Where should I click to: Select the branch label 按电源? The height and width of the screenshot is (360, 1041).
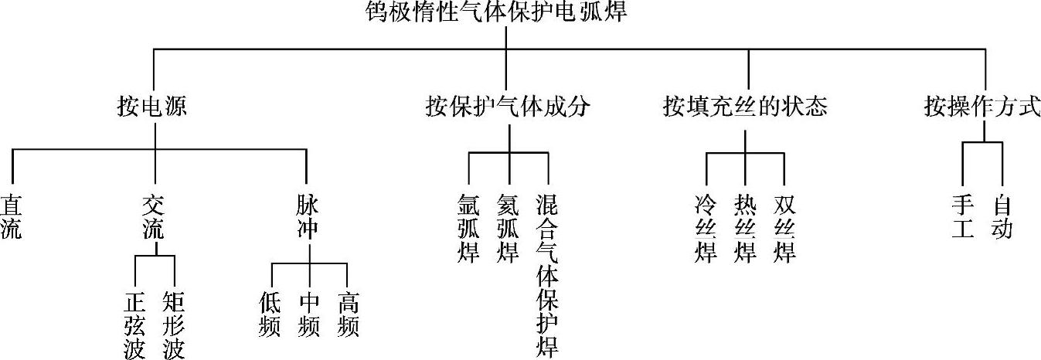click(152, 106)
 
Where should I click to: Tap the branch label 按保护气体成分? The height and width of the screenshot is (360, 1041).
click(508, 106)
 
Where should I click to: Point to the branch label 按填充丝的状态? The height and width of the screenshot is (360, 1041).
click(745, 106)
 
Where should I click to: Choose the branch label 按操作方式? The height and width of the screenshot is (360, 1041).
click(982, 106)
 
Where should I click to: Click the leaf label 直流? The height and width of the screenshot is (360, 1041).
click(11, 217)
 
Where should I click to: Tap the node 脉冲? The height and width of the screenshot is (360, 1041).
click(307, 217)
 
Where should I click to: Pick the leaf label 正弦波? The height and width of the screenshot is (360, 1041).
click(134, 324)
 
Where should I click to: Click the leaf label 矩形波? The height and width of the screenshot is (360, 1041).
click(174, 324)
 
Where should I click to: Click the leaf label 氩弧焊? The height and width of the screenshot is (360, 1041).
click(469, 229)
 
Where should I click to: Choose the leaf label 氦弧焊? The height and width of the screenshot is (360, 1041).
click(508, 229)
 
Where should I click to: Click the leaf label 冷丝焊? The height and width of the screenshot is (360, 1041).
click(706, 229)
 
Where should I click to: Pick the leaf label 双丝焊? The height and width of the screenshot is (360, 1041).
click(784, 229)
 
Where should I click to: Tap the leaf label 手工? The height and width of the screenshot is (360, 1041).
click(962, 217)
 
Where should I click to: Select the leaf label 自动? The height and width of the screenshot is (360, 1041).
click(1002, 217)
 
